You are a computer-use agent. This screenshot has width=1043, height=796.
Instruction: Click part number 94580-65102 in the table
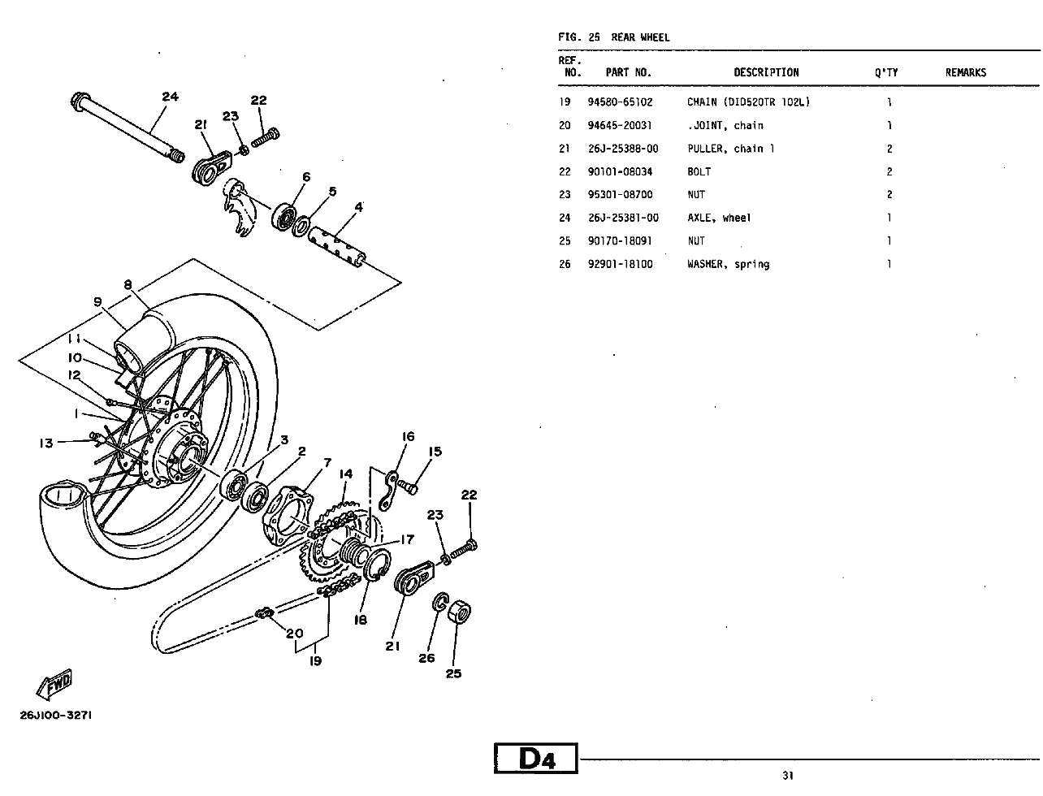[x=620, y=102]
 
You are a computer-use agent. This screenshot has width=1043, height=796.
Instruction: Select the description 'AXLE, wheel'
[x=719, y=218]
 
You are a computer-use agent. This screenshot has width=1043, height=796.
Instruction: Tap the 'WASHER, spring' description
[x=728, y=264]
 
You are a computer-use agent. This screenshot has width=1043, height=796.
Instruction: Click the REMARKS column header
[x=965, y=72]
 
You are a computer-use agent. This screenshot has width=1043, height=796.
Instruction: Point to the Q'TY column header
[x=885, y=72]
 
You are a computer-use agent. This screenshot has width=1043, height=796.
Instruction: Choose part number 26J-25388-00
[x=623, y=149]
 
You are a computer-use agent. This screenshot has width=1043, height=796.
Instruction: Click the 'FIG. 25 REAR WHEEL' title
[x=613, y=37]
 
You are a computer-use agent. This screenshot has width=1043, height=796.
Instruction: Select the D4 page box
[x=536, y=758]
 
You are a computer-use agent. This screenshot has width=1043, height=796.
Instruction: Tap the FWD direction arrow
[x=54, y=685]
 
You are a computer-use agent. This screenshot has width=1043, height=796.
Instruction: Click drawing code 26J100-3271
[x=55, y=716]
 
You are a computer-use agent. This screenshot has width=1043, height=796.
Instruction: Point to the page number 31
[x=788, y=775]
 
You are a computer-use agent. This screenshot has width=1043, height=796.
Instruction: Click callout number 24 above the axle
[x=170, y=97]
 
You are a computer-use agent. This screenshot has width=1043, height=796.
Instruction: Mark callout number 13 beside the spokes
[x=46, y=443]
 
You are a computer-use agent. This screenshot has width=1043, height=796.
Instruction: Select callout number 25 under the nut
[x=453, y=673]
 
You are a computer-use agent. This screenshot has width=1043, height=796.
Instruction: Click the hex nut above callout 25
[x=460, y=612]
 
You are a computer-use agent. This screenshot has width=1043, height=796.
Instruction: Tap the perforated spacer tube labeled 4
[x=337, y=244]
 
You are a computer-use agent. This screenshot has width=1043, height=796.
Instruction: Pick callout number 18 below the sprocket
[x=360, y=620]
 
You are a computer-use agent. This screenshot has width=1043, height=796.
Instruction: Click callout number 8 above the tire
[x=128, y=284]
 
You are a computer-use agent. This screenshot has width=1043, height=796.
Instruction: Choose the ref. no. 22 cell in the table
[x=565, y=172]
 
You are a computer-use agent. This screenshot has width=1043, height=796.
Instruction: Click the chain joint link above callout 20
[x=264, y=613]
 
